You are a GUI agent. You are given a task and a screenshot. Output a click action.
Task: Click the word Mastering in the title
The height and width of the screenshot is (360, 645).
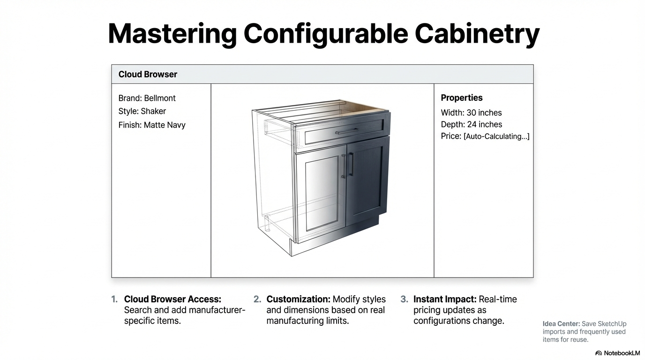point(172,34)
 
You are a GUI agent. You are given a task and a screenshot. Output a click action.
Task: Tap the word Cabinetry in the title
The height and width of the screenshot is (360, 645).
point(477,34)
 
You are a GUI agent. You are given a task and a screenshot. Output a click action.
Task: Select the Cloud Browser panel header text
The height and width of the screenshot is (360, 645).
point(148,75)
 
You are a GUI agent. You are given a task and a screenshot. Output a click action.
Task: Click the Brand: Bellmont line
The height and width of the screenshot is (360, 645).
point(147,98)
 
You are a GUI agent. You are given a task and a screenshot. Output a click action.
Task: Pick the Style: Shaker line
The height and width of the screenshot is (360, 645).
point(142,111)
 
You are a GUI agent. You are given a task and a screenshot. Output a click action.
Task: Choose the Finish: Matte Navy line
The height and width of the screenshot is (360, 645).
point(152,125)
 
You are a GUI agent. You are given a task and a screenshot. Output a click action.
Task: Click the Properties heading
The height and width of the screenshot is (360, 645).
point(462,97)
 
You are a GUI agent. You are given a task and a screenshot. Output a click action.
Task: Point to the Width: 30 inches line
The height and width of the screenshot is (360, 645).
point(471,112)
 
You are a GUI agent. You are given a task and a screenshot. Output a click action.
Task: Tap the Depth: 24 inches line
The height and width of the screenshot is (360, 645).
point(472,124)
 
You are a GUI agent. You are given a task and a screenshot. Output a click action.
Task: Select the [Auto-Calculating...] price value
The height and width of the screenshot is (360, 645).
point(496,136)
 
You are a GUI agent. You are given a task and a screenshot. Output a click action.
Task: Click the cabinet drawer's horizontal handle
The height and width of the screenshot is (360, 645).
point(347,131)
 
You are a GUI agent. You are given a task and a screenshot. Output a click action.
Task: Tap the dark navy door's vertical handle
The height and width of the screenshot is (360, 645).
point(351,164)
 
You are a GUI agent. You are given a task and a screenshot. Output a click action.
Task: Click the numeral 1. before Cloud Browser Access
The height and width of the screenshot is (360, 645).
point(114,299)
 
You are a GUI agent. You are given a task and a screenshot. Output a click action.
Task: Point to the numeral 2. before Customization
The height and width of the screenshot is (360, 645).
point(257,299)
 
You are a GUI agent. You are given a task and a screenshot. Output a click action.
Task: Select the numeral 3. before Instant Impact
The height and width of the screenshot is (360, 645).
point(404,299)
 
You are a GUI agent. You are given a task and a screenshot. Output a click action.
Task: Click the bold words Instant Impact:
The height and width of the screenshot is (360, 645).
point(445,299)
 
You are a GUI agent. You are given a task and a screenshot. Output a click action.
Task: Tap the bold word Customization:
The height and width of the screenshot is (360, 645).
point(298,299)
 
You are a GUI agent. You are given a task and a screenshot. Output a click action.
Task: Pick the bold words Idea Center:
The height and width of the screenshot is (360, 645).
point(561,324)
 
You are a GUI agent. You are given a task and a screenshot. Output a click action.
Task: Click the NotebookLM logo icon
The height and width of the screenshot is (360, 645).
point(598,353)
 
